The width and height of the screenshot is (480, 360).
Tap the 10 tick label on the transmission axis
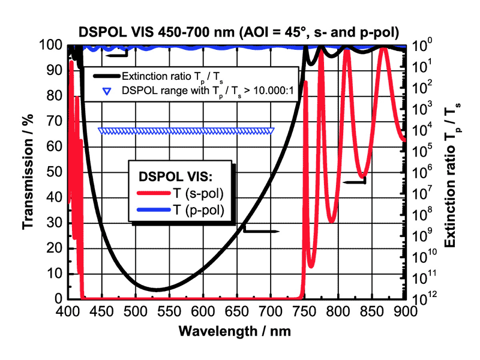tap(55, 274)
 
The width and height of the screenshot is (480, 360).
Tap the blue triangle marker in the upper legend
tap(107, 92)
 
